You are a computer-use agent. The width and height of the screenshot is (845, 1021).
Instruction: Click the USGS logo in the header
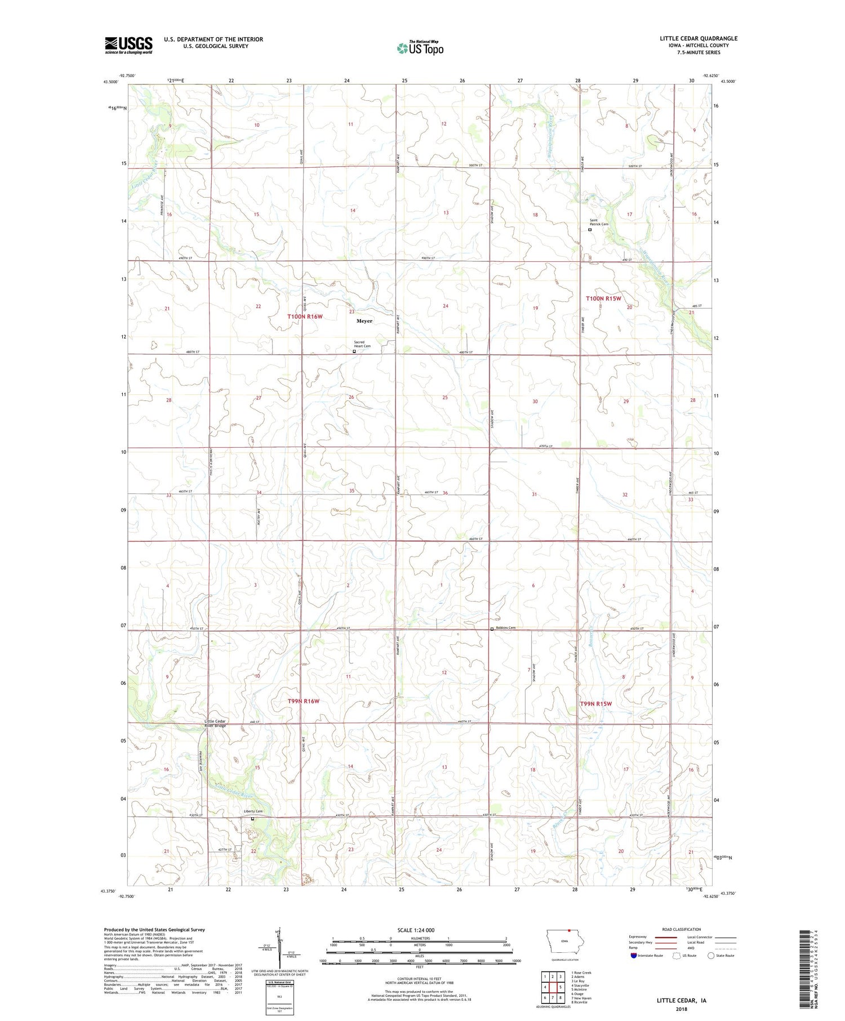(128, 45)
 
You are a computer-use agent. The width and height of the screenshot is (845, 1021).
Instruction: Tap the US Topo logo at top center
(420, 48)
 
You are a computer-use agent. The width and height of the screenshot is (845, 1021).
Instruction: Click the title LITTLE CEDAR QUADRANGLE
(699, 38)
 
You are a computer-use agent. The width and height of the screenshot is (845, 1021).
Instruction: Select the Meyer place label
(364, 321)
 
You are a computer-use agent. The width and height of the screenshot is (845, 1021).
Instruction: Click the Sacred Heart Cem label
(362, 344)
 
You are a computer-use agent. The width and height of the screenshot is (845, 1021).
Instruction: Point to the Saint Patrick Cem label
(599, 222)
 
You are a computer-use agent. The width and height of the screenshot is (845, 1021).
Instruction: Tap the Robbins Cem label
(505, 628)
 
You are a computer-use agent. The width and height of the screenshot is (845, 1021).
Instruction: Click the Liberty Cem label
(253, 812)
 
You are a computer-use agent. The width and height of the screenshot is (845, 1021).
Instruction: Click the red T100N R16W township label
(305, 316)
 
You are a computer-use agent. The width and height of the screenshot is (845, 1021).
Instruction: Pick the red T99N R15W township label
(595, 704)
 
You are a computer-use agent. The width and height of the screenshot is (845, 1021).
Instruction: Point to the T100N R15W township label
(603, 298)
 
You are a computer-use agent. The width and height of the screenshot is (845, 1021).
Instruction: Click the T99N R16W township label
(304, 701)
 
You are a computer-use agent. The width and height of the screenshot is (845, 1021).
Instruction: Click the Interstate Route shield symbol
(634, 956)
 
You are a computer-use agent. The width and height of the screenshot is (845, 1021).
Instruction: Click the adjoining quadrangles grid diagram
(553, 987)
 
